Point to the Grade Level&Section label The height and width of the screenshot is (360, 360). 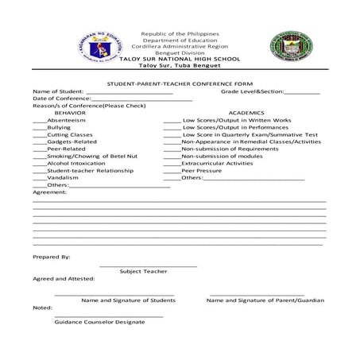251,91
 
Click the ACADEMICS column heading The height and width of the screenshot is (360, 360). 246,113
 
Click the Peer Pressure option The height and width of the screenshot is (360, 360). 201,170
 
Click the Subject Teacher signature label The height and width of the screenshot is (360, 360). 143,271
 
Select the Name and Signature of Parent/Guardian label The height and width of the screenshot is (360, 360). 265,300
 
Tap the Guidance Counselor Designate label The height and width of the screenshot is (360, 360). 99,322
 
